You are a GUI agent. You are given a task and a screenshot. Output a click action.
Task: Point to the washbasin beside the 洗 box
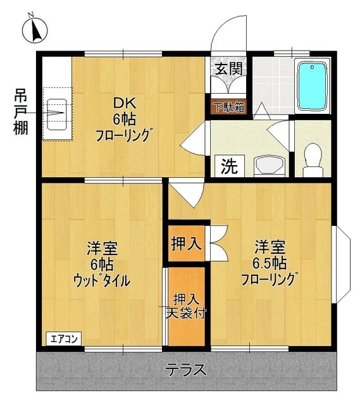(270, 166)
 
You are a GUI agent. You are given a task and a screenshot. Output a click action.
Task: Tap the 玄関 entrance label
(228, 68)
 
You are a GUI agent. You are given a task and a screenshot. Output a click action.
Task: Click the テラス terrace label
(186, 370)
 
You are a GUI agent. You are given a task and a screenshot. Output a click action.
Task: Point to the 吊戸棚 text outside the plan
(21, 113)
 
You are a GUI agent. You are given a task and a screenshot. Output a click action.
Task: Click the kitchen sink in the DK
(58, 114)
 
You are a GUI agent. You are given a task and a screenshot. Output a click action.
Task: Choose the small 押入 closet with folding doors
(187, 242)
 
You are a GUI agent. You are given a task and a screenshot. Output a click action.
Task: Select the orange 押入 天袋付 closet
(186, 306)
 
